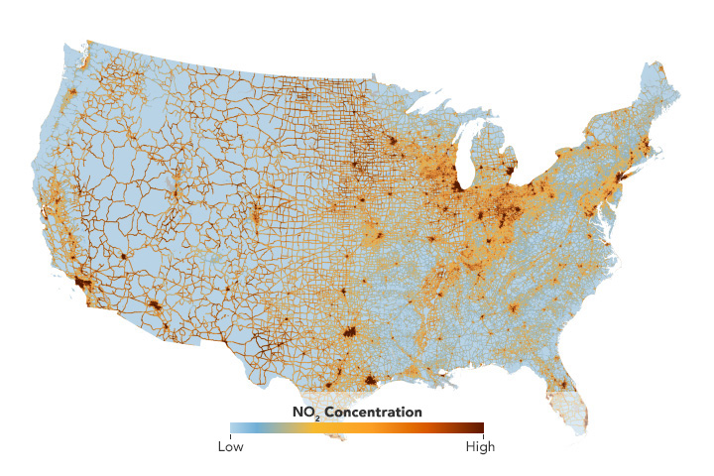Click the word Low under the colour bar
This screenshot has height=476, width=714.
(230, 446)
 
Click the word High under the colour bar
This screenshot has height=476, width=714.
(481, 446)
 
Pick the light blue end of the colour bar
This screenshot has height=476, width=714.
(234, 428)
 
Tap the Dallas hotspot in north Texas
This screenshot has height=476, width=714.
(348, 331)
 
